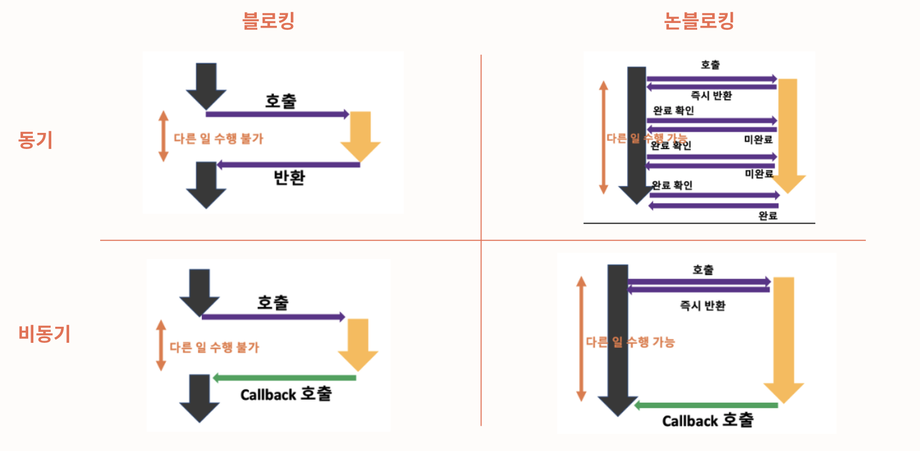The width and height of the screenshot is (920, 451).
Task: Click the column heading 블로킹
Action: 268,21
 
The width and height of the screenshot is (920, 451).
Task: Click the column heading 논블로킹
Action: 698,21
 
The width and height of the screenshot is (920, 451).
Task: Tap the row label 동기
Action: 35,140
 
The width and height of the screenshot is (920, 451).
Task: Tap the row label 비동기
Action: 44,334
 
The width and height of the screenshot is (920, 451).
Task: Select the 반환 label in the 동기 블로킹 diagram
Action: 289,178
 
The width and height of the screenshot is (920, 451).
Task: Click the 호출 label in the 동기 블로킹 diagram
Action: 280,101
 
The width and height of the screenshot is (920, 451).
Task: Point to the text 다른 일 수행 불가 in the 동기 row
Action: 218,139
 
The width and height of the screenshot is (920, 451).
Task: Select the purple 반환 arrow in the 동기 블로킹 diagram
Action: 288,165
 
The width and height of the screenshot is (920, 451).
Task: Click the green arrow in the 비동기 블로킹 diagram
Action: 284,378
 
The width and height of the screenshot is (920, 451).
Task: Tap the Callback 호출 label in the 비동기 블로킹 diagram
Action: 286,394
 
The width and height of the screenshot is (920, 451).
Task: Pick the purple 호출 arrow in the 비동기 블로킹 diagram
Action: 273,317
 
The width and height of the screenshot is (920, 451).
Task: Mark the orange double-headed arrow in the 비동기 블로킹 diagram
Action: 161,345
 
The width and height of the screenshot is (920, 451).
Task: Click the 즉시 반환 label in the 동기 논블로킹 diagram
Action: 711,95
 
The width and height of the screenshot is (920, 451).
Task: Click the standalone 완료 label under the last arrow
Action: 767,216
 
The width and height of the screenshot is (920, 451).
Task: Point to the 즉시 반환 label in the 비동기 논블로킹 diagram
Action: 702,305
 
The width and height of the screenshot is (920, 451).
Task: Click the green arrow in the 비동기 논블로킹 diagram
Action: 706,406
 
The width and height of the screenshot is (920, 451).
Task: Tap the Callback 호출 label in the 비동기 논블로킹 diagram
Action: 708,421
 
